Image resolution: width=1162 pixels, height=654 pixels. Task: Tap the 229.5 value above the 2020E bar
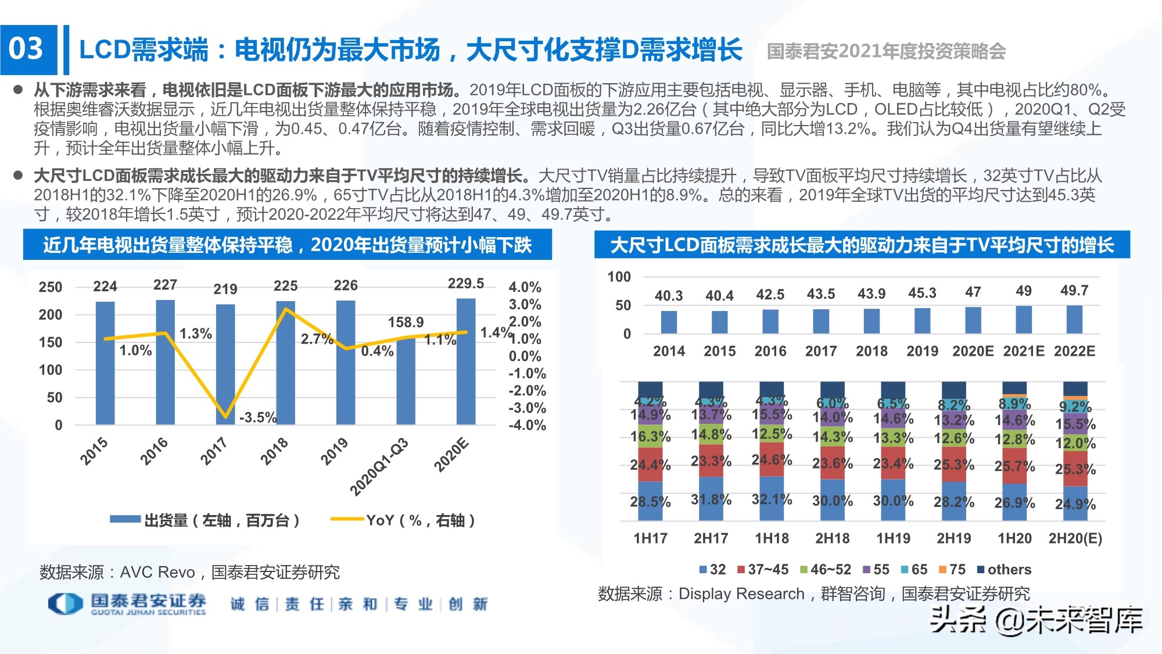(x=465, y=283)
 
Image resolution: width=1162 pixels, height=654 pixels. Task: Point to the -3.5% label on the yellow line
(x=257, y=417)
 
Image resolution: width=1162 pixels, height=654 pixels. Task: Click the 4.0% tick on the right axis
(x=524, y=287)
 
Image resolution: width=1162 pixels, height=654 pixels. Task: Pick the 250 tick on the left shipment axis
(x=51, y=287)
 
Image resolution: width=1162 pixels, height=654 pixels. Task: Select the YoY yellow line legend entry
(x=403, y=520)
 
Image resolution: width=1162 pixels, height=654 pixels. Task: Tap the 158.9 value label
(x=406, y=322)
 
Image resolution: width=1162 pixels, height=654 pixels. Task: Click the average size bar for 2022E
(x=1074, y=319)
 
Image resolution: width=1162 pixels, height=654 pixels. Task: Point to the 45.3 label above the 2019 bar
(x=922, y=293)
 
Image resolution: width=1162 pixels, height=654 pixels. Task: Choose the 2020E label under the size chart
(x=973, y=351)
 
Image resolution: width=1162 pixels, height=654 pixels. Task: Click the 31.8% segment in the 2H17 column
(x=711, y=499)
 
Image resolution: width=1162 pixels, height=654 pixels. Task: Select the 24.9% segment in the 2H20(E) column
(x=1075, y=503)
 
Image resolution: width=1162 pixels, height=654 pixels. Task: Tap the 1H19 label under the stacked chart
(x=893, y=538)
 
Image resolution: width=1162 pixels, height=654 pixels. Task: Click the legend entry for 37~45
(x=762, y=570)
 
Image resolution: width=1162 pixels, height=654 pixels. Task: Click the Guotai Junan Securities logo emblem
(x=65, y=603)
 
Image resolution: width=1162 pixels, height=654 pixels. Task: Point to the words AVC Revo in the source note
(x=157, y=573)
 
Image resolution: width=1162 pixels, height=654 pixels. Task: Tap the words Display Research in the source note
(x=741, y=594)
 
